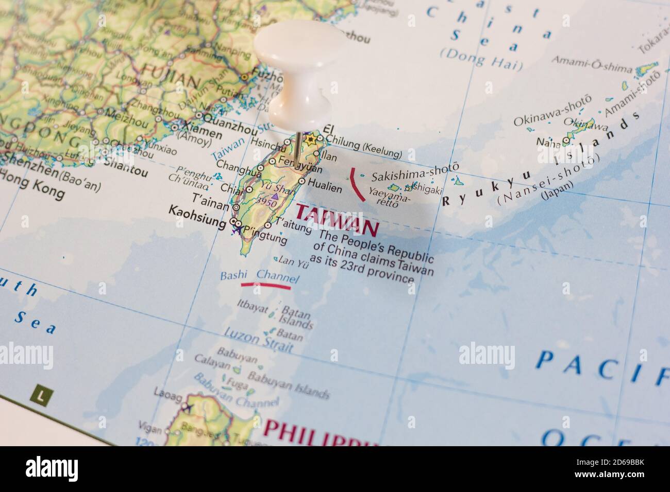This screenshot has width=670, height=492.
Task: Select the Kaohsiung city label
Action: (197, 223)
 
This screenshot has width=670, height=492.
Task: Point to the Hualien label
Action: (325, 188)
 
